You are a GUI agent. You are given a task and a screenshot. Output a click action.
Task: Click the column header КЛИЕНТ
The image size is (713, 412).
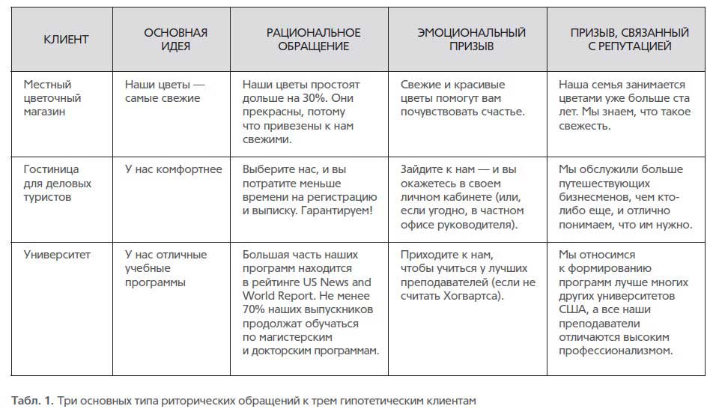click(65, 40)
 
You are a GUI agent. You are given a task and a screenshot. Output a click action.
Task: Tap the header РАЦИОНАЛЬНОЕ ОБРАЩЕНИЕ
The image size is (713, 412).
click(314, 40)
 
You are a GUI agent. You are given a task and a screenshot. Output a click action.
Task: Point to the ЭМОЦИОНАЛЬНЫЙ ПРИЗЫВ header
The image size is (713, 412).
click(471, 40)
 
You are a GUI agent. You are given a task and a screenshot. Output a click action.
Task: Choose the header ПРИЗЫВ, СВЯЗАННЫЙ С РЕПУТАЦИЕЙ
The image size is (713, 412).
click(629, 40)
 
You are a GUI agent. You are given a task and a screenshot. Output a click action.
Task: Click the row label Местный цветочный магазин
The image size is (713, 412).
click(52, 98)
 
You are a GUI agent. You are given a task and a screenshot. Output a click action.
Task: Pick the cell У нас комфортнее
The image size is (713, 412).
click(173, 169)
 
